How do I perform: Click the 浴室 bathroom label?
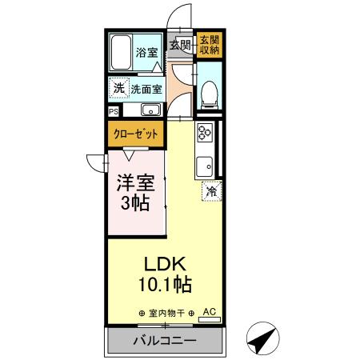click(x=146, y=54)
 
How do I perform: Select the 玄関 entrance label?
click(x=180, y=46)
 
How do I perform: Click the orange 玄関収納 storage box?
click(x=210, y=45)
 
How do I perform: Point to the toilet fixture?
click(x=210, y=94)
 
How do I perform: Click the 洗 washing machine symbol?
click(x=118, y=88)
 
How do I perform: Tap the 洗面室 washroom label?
click(x=146, y=89)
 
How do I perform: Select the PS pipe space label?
click(x=114, y=111)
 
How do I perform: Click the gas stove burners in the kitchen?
click(x=204, y=134)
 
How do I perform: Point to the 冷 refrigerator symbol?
click(x=211, y=191)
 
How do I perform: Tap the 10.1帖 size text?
click(x=166, y=284)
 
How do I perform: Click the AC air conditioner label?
click(x=210, y=311)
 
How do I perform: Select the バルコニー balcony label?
click(x=164, y=341)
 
